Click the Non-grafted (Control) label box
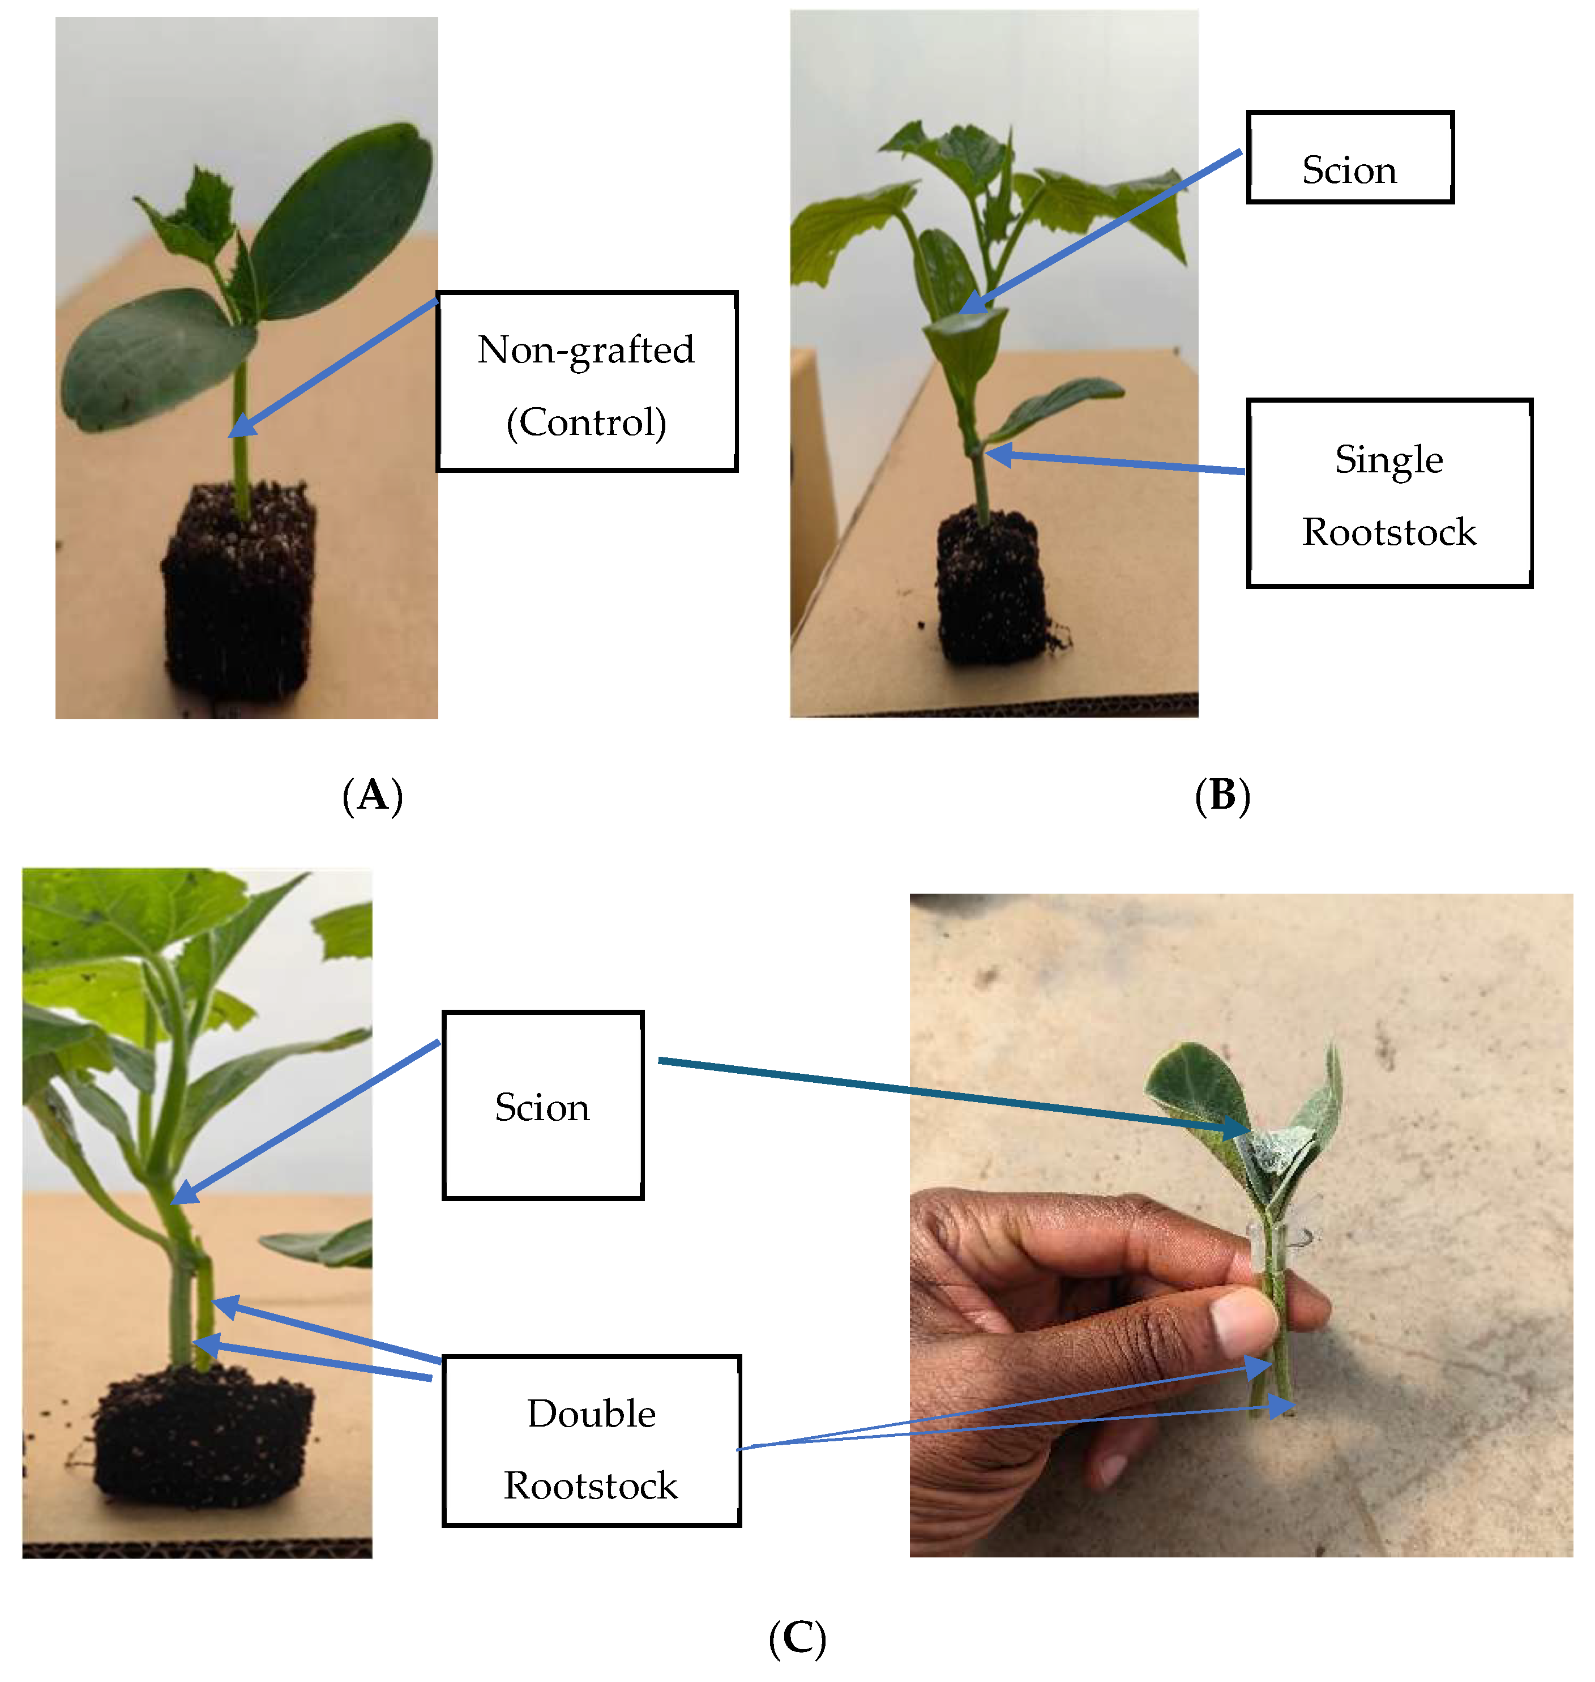(x=587, y=382)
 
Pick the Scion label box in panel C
(x=542, y=1105)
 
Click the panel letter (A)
(x=373, y=796)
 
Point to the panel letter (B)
(x=1222, y=796)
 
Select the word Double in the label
(x=591, y=1414)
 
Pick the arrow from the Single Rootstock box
(x=1114, y=463)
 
